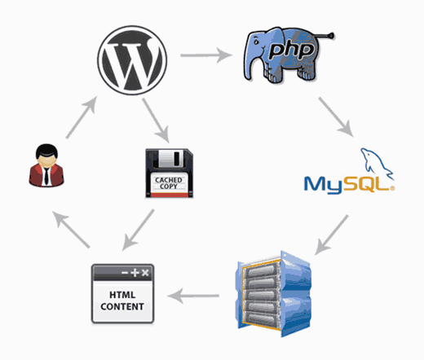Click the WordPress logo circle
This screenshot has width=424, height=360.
point(132,59)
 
